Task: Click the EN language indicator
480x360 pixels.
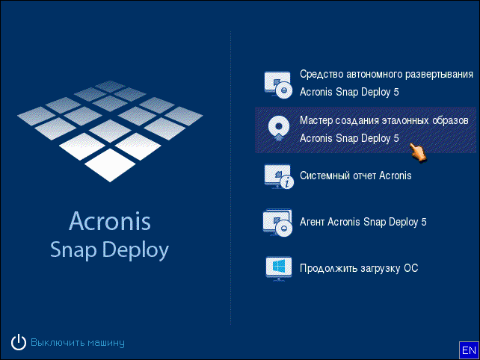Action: [x=469, y=350]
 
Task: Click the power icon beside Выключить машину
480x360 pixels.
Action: [x=19, y=342]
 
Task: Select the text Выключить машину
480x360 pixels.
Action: [x=78, y=343]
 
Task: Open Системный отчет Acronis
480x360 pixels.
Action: [x=355, y=176]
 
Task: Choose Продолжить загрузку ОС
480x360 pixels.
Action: [x=359, y=268]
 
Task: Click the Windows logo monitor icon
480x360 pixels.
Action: [x=278, y=269]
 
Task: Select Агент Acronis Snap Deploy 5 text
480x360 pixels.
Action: [x=363, y=222]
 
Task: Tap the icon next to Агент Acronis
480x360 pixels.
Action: [x=277, y=223]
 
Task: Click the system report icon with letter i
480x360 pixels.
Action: [x=279, y=176]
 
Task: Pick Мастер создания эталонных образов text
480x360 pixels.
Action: [x=384, y=120]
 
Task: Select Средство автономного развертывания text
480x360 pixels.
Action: [x=387, y=75]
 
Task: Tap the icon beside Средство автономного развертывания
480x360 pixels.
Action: [x=278, y=84]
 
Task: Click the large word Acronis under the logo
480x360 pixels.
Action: [x=110, y=221]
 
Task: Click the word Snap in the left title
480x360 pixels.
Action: [x=73, y=250]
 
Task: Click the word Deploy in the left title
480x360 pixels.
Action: [x=135, y=250]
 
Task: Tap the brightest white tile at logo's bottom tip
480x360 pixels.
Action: [x=110, y=165]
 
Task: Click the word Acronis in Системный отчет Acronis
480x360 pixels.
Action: [x=396, y=176]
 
